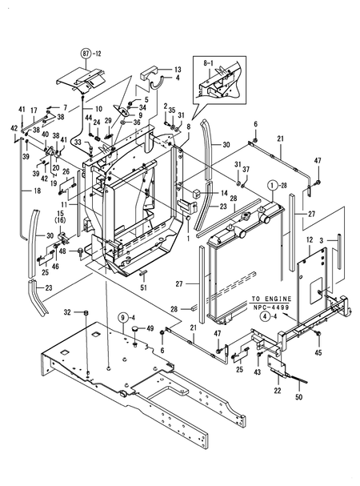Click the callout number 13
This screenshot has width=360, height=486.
(178, 70)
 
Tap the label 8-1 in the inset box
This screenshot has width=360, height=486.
(209, 61)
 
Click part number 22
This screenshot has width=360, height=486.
(278, 390)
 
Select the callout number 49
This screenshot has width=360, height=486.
(149, 329)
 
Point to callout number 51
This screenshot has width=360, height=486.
(144, 288)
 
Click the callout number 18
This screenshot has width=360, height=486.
(15, 192)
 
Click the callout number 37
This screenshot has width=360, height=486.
(246, 170)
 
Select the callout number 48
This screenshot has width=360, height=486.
(63, 251)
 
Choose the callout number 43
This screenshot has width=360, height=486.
(258, 373)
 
